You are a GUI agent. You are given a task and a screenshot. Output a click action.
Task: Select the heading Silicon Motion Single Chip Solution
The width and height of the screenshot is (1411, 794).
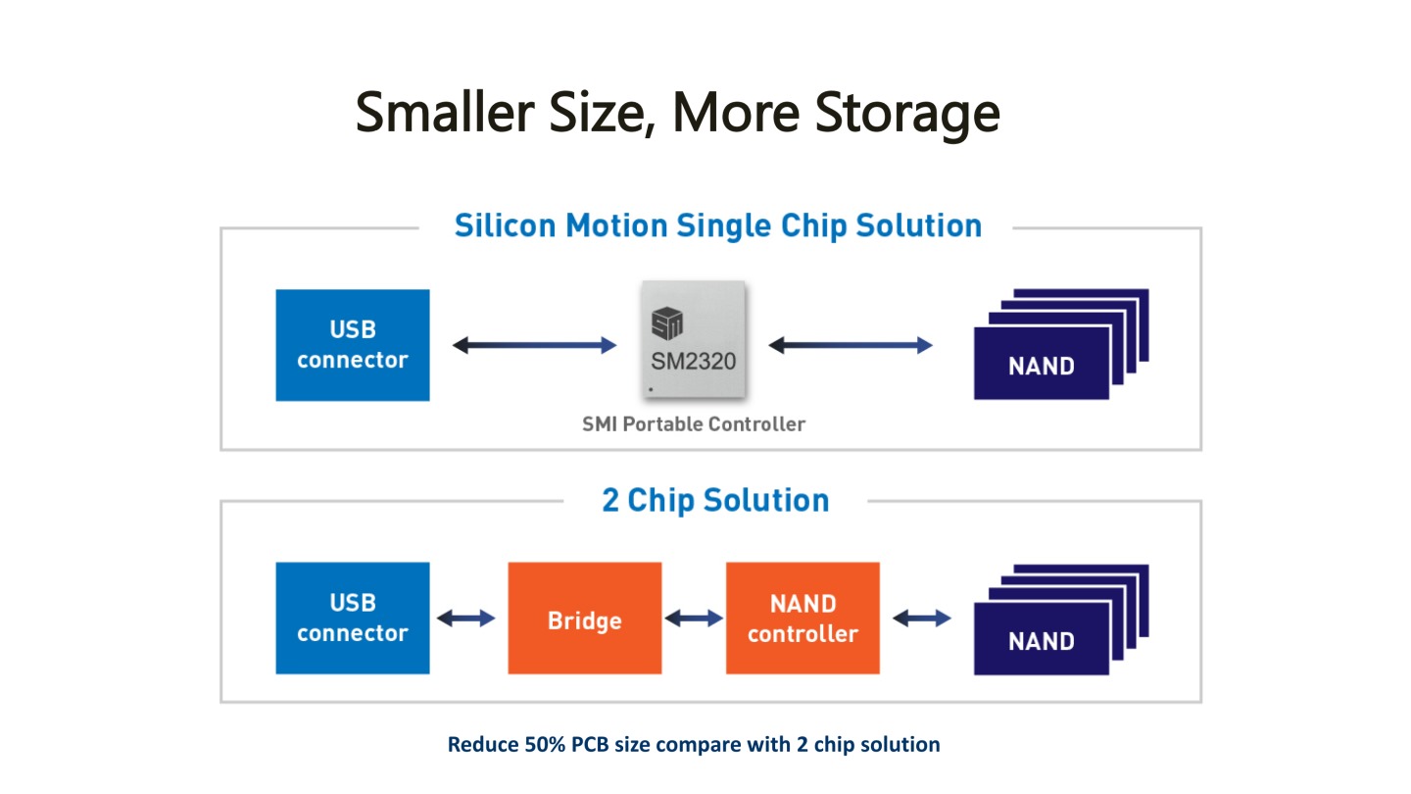[717, 225]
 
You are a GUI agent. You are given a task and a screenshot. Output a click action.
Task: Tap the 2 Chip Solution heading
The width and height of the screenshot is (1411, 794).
[715, 500]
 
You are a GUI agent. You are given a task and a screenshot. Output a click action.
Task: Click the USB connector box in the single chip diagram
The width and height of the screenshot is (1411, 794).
[352, 345]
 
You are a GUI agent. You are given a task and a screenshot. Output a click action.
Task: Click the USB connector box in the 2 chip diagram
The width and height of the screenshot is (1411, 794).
[352, 618]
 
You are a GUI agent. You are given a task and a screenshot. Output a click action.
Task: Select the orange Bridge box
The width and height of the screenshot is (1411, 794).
[584, 620]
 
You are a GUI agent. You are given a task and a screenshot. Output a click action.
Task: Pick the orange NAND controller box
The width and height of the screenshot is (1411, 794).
[802, 618]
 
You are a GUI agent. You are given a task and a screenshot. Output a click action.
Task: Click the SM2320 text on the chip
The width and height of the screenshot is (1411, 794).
[693, 361]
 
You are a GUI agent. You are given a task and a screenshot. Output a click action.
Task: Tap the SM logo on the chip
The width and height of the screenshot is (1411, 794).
[667, 323]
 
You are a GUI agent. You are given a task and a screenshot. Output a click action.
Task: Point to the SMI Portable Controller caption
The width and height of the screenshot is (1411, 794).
[694, 424]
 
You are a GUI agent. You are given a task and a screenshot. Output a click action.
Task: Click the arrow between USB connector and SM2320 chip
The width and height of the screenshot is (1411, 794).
[534, 345]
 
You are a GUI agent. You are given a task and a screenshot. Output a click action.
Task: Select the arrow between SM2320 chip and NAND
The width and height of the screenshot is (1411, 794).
[851, 345]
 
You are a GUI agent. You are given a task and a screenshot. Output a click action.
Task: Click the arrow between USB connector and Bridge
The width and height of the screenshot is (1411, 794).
[466, 619]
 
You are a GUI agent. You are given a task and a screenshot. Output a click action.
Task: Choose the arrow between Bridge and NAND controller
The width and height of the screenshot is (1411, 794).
[694, 619]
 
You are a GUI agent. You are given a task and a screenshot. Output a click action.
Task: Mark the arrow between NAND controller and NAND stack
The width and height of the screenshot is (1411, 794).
[921, 619]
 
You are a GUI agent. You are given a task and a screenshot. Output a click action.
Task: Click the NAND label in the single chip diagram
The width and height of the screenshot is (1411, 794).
[1041, 367]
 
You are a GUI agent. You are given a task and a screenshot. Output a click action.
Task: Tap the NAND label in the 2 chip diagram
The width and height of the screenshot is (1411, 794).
[1041, 641]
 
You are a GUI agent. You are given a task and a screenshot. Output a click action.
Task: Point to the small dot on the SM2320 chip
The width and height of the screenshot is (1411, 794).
[651, 389]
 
